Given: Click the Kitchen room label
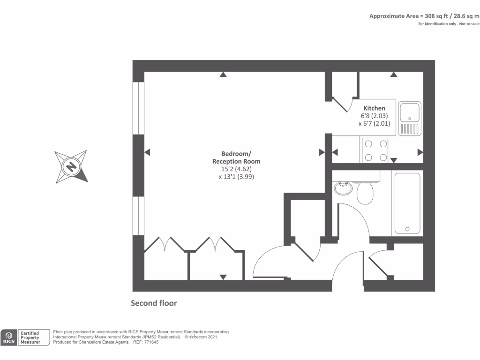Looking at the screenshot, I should (x=374, y=108).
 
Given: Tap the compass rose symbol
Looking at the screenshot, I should (x=71, y=166).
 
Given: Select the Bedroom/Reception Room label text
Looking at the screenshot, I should (x=236, y=157).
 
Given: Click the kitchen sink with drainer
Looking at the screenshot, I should (x=410, y=118).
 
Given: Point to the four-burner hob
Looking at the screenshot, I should (x=375, y=150).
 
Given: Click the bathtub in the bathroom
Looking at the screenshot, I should (x=409, y=202).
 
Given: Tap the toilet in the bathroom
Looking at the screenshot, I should (x=365, y=192).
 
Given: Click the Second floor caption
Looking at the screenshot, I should (x=154, y=303).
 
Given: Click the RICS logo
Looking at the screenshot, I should (x=9, y=337).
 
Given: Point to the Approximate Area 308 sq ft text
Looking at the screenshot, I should (x=424, y=16).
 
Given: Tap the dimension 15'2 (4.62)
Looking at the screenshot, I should (x=236, y=169).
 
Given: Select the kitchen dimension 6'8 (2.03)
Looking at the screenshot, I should (x=374, y=116).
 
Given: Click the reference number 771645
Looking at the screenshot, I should (x=150, y=342).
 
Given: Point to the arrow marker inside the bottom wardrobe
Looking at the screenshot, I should (x=223, y=277).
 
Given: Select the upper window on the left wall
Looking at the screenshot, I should (x=138, y=108).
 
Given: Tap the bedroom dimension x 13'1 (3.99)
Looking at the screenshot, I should (x=236, y=177).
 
